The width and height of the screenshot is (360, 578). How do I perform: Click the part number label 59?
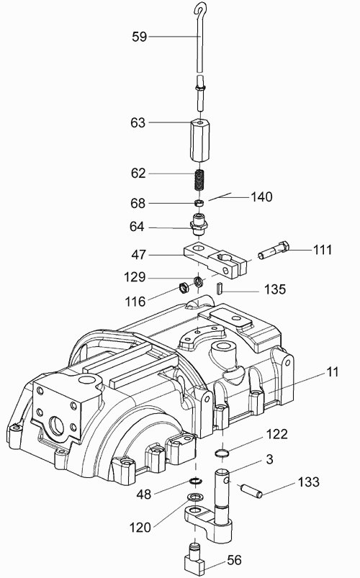click(x=140, y=37)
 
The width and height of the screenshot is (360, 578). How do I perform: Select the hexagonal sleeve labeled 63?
click(x=199, y=140)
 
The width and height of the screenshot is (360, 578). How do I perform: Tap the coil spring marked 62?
click(x=199, y=179)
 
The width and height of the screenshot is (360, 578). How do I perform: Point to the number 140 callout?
click(x=261, y=197)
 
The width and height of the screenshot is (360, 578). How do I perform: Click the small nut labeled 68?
click(x=199, y=203)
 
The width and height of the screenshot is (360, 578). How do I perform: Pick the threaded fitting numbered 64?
click(x=199, y=225)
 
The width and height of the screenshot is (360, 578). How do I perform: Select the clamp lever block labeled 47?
click(x=215, y=260)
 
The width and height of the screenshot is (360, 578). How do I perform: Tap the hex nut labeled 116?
click(x=184, y=286)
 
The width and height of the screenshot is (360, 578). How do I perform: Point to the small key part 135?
click(x=219, y=288)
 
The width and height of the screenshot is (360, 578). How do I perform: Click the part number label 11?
click(x=333, y=372)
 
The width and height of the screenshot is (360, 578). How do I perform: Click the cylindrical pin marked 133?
click(x=251, y=491)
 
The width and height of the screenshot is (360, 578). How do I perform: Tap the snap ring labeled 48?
click(x=194, y=481)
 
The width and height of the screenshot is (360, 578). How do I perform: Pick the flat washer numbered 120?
click(x=194, y=497)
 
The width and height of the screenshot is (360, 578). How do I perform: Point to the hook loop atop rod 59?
click(x=201, y=9)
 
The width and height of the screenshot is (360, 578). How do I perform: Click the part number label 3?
click(x=269, y=459)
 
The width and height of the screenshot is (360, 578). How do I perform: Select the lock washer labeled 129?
click(x=198, y=281)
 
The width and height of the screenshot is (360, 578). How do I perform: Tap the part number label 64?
click(x=137, y=227)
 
